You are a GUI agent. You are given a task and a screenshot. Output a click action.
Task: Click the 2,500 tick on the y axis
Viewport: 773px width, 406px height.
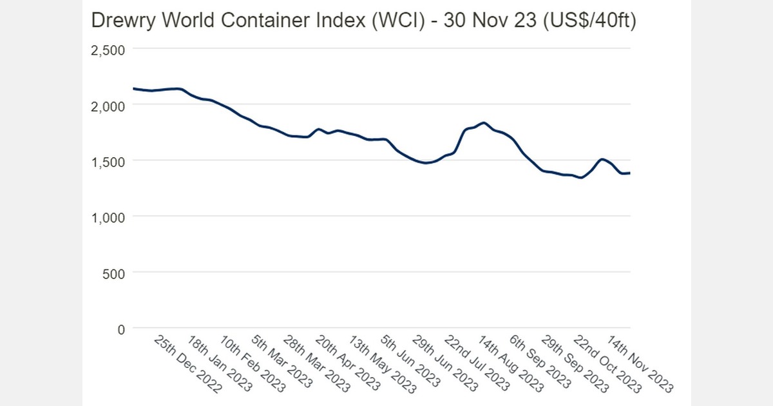click(x=108, y=49)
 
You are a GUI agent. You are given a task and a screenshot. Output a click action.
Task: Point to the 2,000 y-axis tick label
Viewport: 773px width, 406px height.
click(x=108, y=105)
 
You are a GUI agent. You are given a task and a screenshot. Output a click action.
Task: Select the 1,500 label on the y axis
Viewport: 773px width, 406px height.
click(x=108, y=161)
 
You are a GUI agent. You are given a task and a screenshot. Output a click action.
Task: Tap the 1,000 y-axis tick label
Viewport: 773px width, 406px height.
click(x=108, y=217)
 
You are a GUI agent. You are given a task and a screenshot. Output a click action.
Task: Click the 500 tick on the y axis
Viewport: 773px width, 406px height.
click(x=114, y=273)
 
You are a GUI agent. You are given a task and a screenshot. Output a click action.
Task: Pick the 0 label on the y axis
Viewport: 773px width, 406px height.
click(x=121, y=329)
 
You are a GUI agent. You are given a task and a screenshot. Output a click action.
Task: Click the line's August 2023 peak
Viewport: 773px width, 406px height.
click(x=484, y=122)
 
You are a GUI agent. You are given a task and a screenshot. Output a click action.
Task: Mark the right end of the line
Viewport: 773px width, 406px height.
click(x=629, y=173)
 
